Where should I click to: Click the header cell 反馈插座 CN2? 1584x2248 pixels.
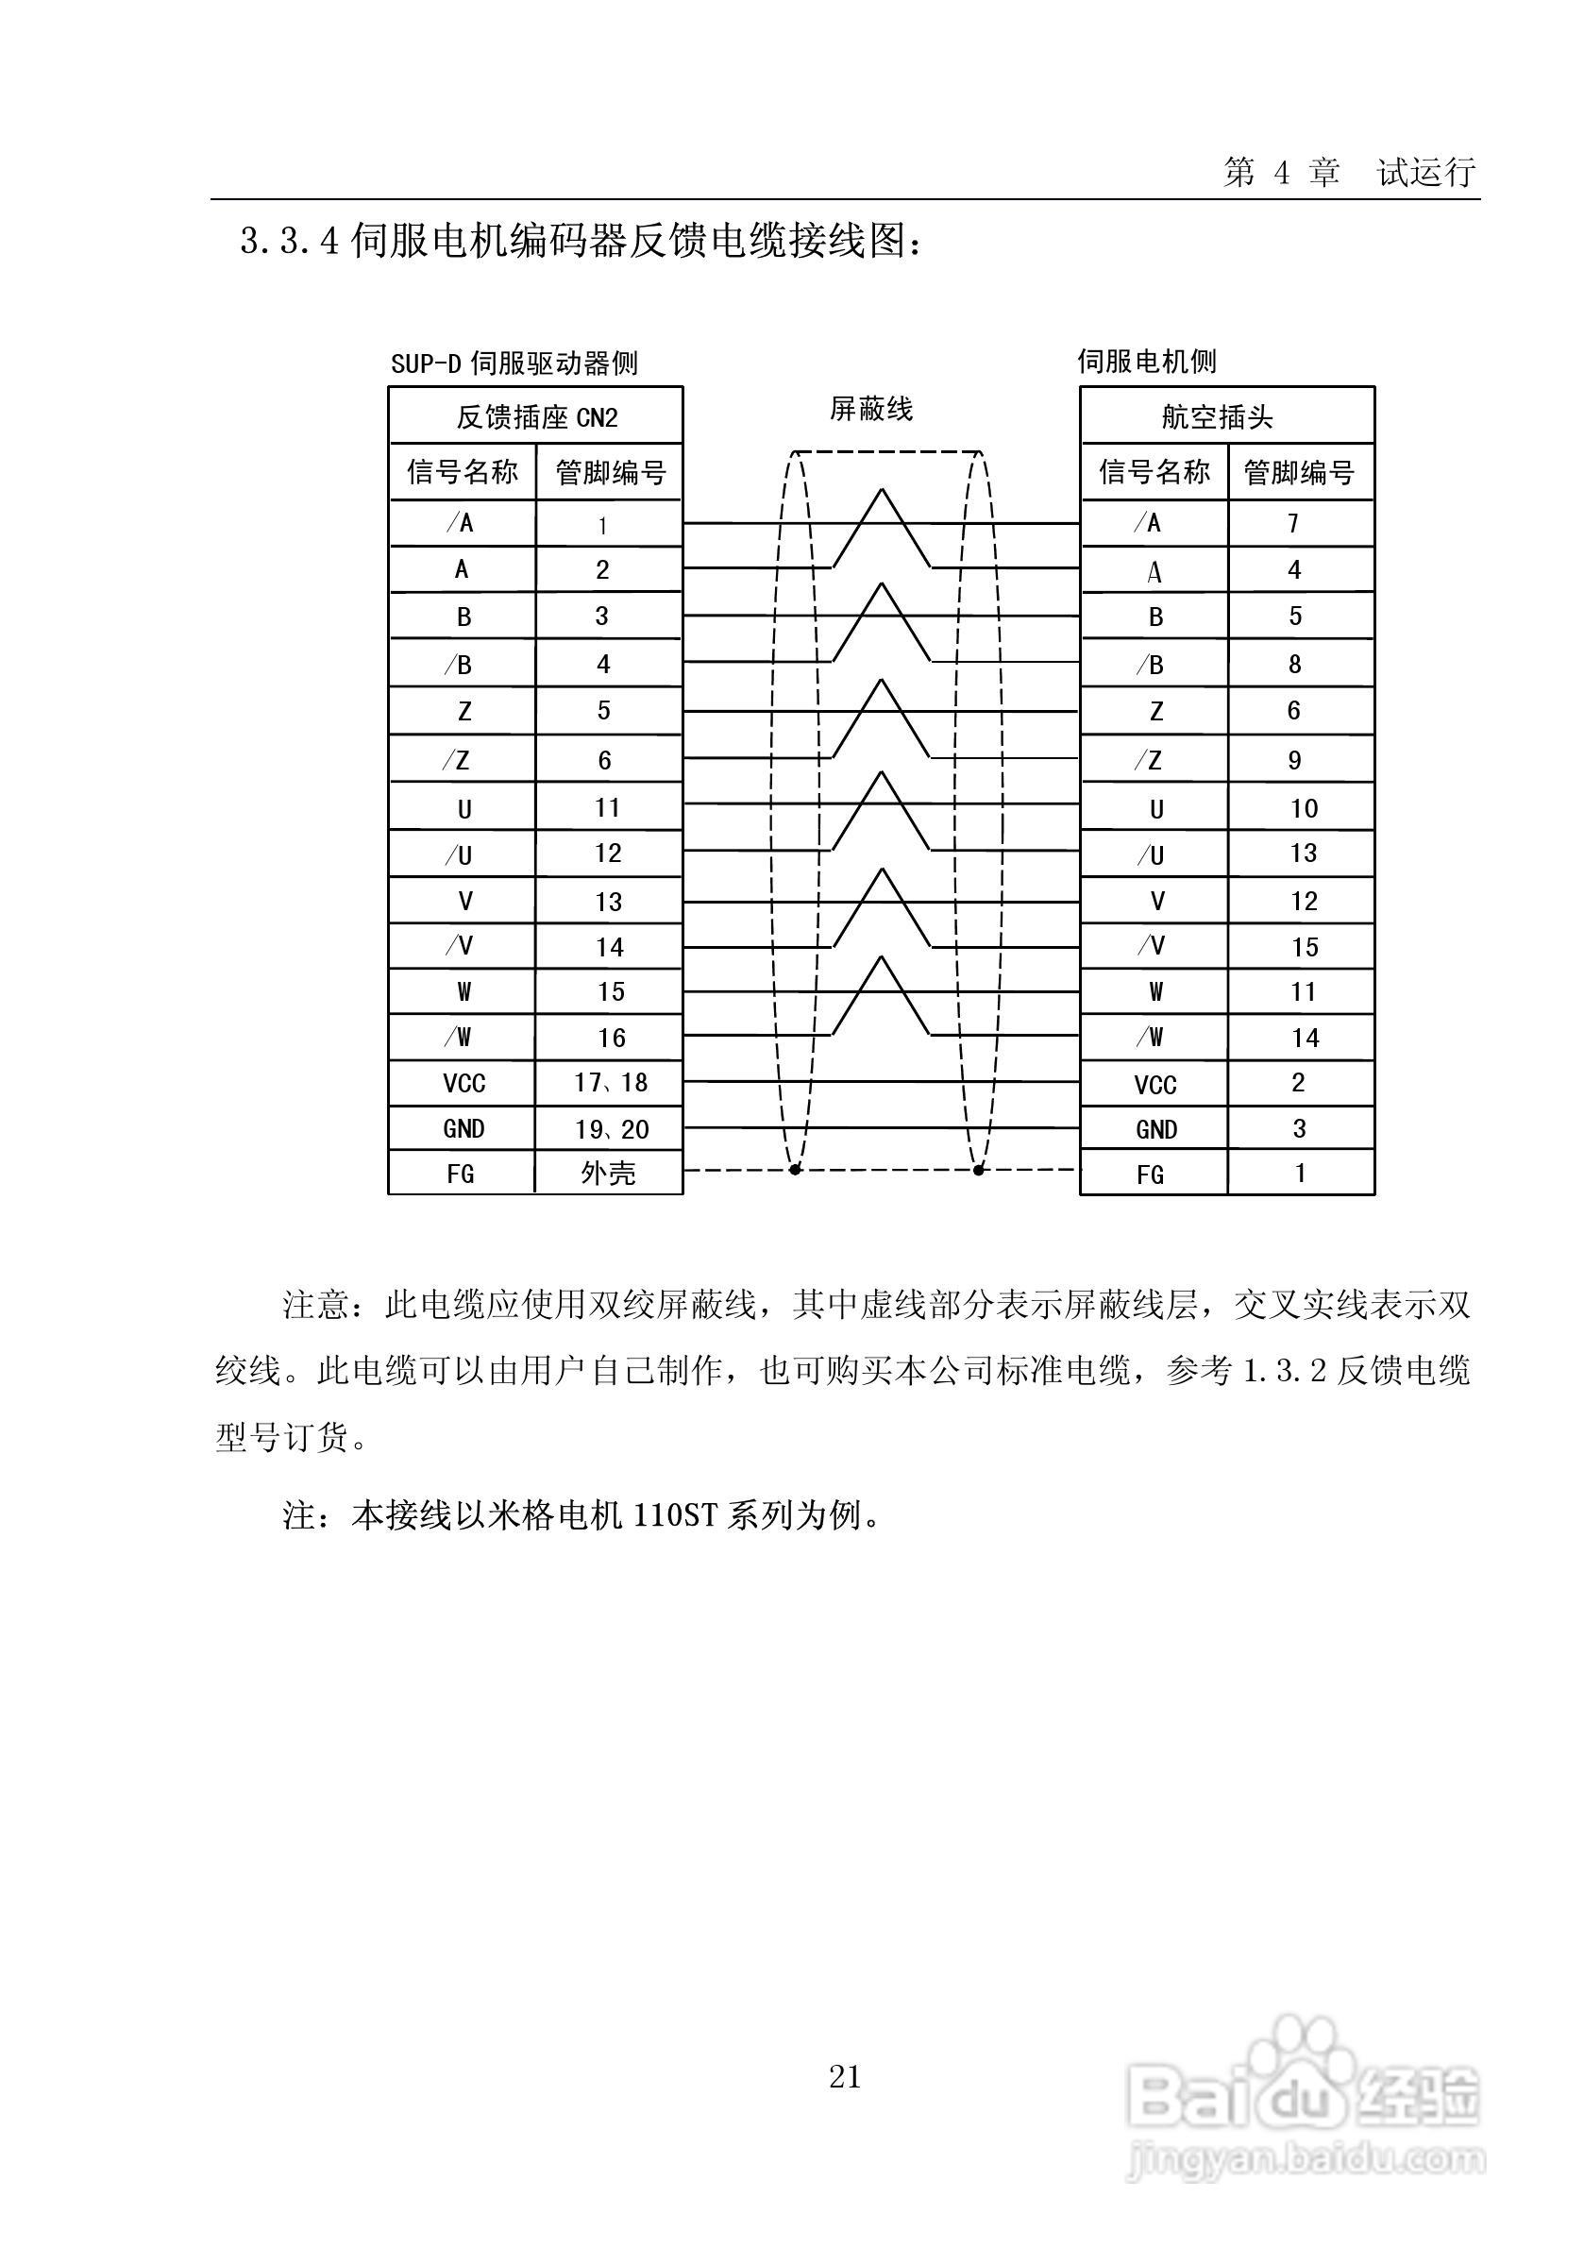click(x=535, y=418)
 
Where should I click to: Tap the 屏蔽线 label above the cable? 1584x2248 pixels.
click(x=870, y=409)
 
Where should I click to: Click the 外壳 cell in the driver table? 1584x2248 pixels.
click(x=608, y=1173)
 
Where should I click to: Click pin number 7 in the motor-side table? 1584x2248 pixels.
click(x=1293, y=524)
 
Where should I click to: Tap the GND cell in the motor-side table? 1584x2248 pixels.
click(x=1156, y=1130)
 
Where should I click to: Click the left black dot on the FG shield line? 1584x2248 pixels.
click(x=795, y=1170)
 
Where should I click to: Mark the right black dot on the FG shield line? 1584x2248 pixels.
click(x=978, y=1170)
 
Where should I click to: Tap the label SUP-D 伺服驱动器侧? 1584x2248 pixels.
click(x=514, y=364)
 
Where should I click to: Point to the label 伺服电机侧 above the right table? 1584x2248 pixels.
click(x=1146, y=363)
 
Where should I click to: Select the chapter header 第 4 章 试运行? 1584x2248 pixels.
click(x=1349, y=174)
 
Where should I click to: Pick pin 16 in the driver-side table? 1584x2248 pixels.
click(x=612, y=1038)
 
